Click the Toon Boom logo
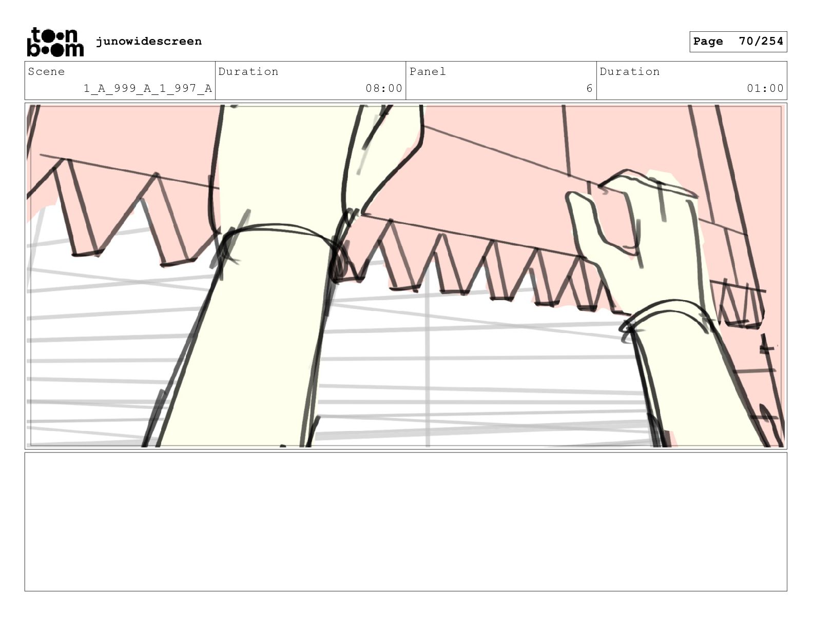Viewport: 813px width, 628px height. click(x=55, y=42)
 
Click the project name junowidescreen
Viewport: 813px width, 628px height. click(x=148, y=41)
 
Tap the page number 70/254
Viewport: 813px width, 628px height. click(x=761, y=41)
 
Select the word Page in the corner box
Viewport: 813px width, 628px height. click(x=708, y=41)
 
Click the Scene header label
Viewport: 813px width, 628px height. click(x=46, y=71)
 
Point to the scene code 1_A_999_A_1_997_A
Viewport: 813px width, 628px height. click(x=148, y=89)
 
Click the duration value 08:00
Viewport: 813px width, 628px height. click(x=384, y=88)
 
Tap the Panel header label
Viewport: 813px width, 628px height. click(x=428, y=71)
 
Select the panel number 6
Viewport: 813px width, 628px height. click(x=589, y=88)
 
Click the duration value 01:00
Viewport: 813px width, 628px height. click(x=765, y=88)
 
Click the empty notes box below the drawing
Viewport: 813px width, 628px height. click(x=405, y=522)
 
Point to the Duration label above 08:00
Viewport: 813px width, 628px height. click(x=248, y=71)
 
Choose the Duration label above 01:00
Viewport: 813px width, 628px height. click(x=630, y=71)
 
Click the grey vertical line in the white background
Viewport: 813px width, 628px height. click(x=428, y=356)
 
